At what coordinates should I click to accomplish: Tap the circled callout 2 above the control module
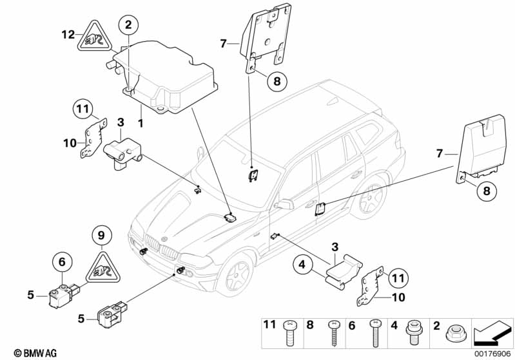tap(128, 26)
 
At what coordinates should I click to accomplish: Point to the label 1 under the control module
tap(140, 121)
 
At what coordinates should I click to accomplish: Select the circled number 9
tap(101, 236)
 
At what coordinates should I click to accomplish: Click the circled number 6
tap(62, 261)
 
